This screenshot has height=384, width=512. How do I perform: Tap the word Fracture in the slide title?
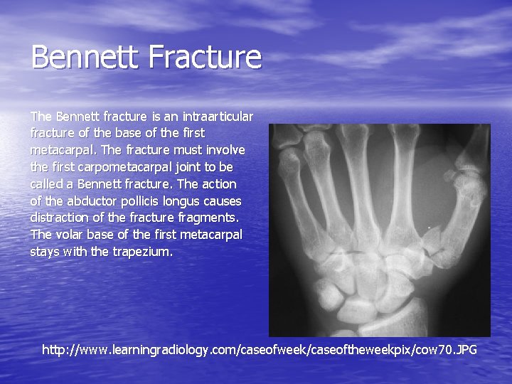pos(207,58)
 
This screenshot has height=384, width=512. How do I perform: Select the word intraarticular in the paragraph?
pos(217,116)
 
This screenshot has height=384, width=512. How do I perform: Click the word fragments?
pos(213,218)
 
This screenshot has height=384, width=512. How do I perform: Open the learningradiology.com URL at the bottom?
pos(259,350)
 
